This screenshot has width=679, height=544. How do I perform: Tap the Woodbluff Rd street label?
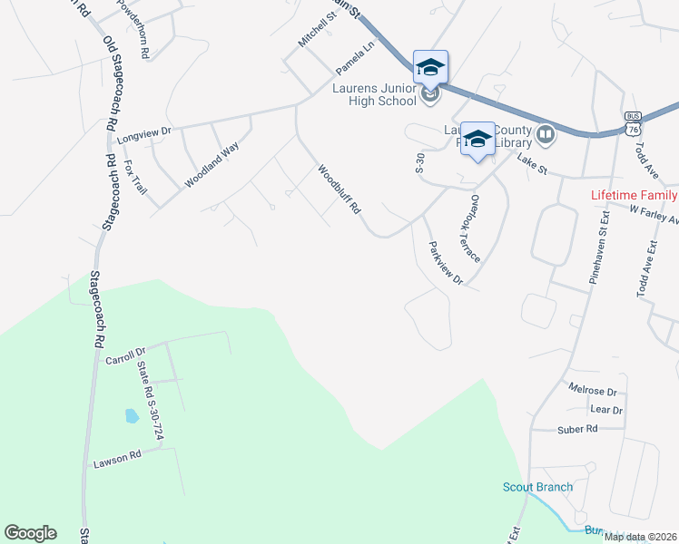339,189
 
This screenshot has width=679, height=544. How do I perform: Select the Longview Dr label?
144,132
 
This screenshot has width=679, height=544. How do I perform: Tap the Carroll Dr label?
125,355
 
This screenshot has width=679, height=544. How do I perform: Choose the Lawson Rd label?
118,457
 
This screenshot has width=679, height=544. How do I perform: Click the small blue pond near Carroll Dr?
132,416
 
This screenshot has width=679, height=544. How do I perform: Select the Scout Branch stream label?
538,487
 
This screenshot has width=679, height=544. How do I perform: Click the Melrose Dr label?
592,391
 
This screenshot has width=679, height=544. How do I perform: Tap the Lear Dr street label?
605,410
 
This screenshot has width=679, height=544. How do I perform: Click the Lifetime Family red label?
634,195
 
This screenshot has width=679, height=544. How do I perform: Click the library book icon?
546,135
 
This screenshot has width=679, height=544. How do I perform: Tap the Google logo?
30,533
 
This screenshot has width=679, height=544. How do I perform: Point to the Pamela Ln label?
355,59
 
